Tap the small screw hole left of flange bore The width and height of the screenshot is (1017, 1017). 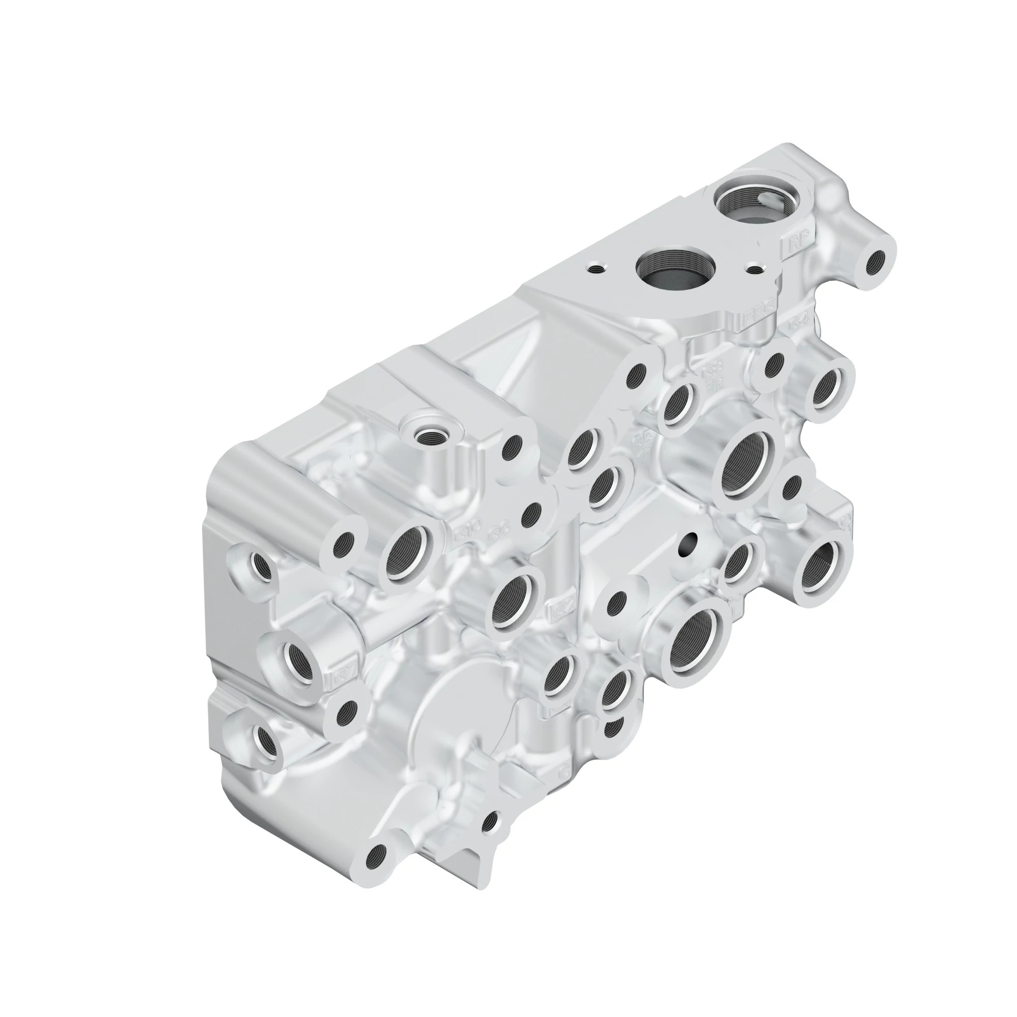[x=595, y=269]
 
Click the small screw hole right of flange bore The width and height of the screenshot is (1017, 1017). [x=756, y=270]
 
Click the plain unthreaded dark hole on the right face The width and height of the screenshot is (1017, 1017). [x=688, y=545]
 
